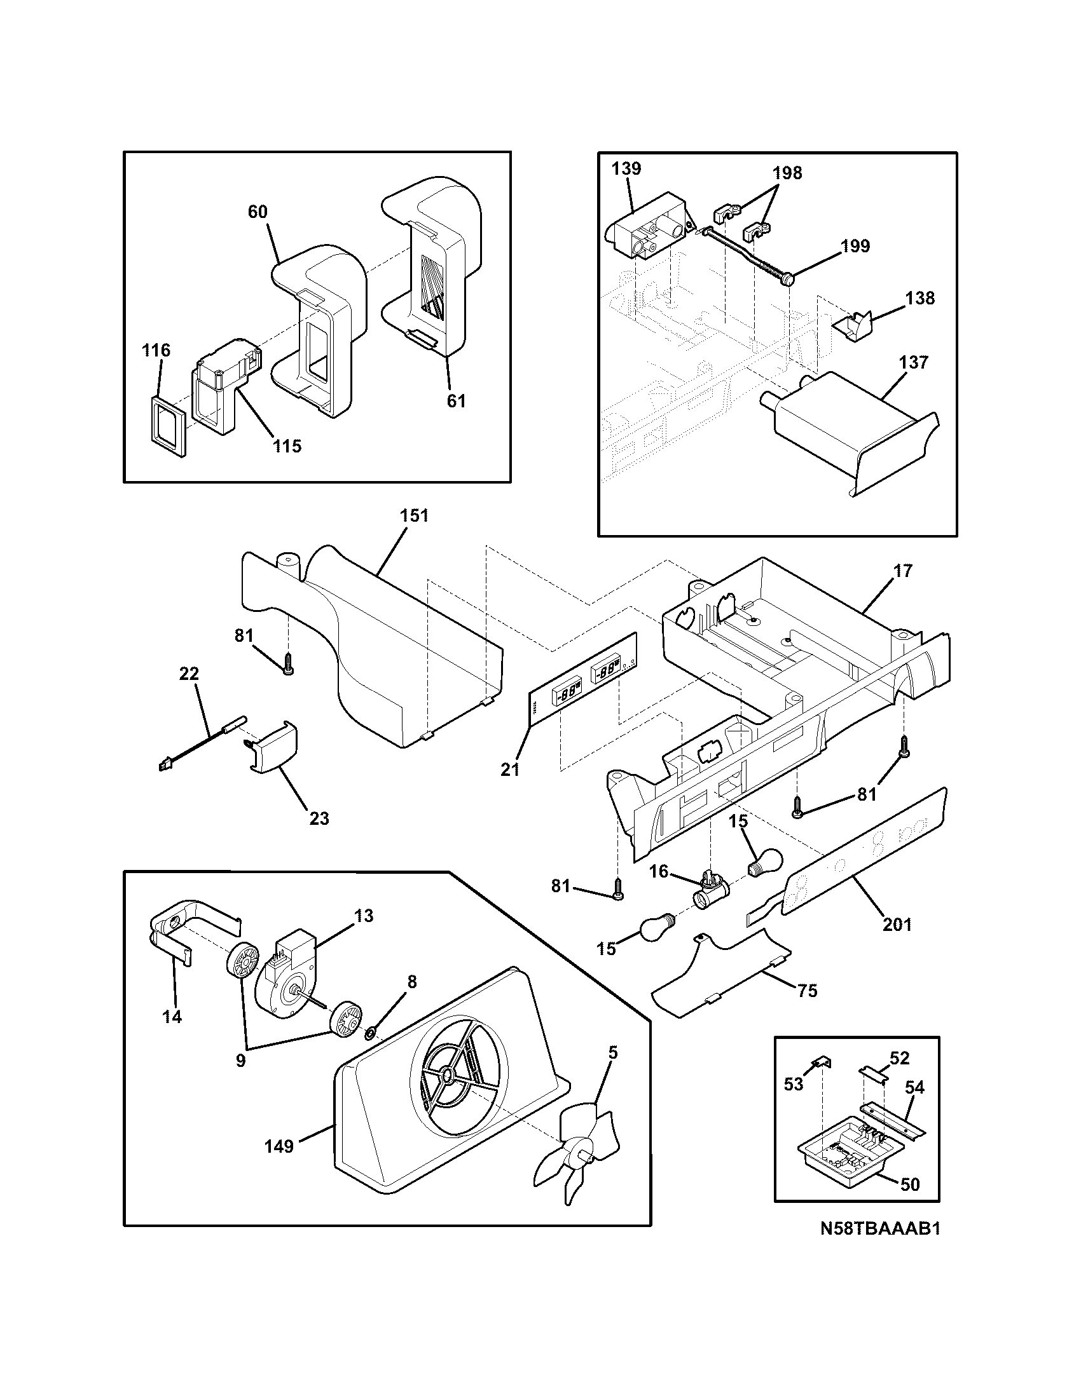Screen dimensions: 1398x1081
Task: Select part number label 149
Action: point(279,1146)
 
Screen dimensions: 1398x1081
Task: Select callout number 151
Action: point(414,515)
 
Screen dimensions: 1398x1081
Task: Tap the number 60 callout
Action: point(258,212)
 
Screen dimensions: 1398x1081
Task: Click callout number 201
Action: point(897,924)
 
